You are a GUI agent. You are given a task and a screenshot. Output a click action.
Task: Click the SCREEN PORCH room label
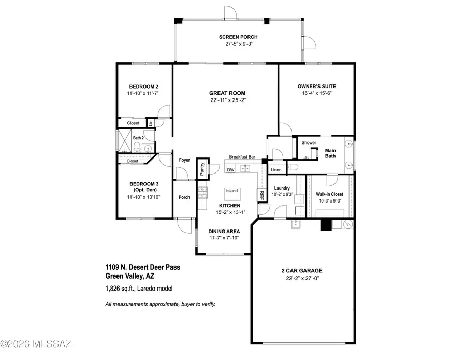(x=238, y=37)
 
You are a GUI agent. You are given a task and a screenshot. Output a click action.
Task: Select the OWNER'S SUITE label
(x=317, y=86)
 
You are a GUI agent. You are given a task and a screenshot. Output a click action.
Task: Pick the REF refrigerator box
(x=261, y=195)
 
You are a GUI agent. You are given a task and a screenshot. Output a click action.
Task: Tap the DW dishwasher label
(x=231, y=169)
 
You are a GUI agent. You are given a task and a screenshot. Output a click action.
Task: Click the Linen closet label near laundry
(x=276, y=170)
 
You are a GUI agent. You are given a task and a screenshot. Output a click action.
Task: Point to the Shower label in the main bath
(x=309, y=142)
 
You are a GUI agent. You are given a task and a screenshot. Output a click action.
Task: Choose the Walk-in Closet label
(x=330, y=194)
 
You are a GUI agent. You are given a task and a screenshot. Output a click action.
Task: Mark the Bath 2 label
(x=138, y=138)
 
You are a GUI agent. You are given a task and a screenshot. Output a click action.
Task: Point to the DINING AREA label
(x=223, y=232)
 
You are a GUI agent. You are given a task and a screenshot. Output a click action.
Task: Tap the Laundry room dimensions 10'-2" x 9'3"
(x=284, y=194)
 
